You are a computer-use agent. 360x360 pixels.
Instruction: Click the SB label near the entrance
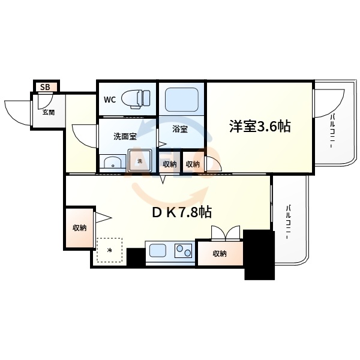(45, 87)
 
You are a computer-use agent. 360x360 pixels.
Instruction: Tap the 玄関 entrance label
(49, 112)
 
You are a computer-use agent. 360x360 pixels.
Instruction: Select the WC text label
(110, 100)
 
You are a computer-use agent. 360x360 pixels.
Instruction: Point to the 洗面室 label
(125, 136)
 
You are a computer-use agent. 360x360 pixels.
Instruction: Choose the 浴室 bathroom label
(179, 128)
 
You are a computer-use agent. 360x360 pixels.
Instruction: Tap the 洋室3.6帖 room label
(259, 126)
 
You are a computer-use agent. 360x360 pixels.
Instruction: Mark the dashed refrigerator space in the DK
(110, 250)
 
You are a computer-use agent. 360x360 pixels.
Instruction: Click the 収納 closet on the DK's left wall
(80, 227)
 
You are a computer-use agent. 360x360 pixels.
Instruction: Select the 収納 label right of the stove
(220, 254)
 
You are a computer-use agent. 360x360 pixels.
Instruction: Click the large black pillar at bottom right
(258, 255)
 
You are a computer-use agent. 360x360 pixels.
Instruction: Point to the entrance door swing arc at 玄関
(17, 112)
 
